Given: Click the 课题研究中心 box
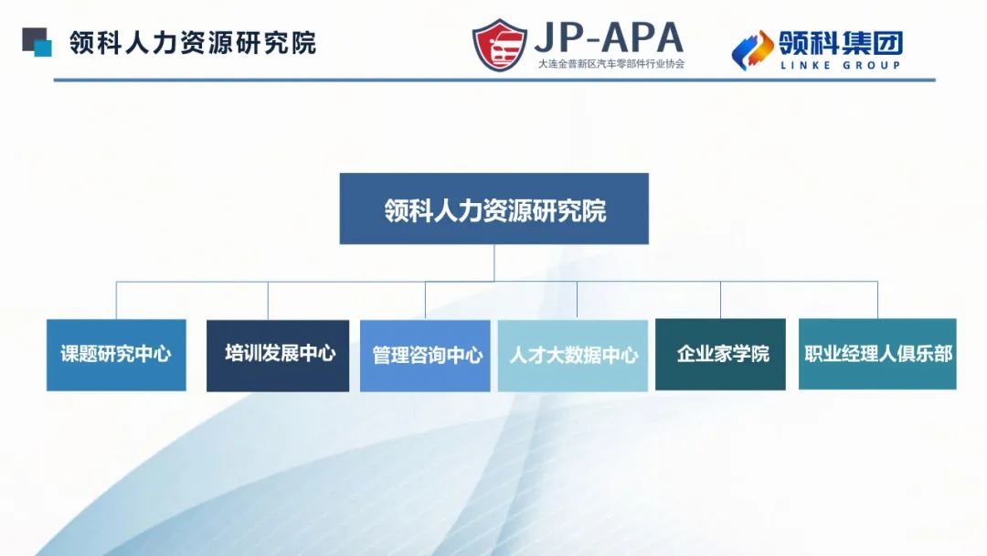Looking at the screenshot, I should click(116, 355).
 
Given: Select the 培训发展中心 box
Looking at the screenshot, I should click(278, 355).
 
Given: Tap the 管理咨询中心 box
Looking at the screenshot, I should click(425, 355).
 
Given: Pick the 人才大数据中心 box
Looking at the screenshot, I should click(573, 355).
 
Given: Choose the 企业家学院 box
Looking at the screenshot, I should click(720, 355).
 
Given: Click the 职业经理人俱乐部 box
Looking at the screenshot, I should click(877, 354).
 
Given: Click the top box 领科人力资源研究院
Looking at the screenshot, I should click(493, 208).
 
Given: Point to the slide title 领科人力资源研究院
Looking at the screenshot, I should click(193, 43).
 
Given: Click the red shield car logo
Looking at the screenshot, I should click(500, 45).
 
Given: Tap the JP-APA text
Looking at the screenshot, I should click(609, 37).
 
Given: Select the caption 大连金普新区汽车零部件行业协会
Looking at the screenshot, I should click(610, 64).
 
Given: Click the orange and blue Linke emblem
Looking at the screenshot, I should click(752, 49).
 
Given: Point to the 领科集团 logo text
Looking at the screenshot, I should click(841, 41).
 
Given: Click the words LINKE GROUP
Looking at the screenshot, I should click(841, 65).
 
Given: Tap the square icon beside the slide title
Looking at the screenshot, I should click(37, 42).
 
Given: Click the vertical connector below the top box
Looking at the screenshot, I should click(493, 262).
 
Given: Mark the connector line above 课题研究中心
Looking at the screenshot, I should click(116, 300).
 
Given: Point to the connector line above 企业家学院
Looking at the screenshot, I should click(720, 300).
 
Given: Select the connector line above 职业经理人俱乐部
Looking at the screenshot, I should click(877, 300).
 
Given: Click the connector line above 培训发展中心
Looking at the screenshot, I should click(268, 300).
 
